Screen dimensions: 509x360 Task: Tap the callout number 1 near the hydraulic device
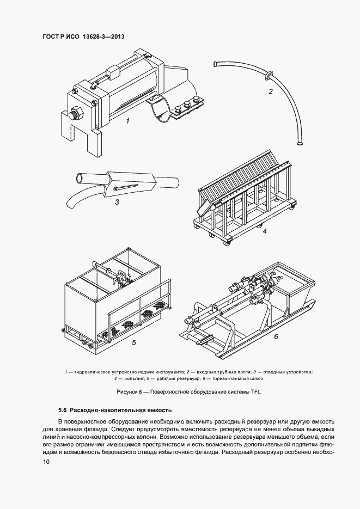tap(127, 121)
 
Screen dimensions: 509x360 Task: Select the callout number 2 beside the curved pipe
tap(270, 91)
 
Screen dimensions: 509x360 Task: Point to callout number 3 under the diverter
tap(117, 202)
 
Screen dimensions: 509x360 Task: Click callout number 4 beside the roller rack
tap(264, 231)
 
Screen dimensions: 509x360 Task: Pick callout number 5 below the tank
tap(133, 343)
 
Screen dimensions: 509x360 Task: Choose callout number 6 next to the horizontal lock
tap(276, 336)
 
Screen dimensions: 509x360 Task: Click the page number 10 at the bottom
tap(46, 462)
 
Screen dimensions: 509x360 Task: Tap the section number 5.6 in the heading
tap(63, 409)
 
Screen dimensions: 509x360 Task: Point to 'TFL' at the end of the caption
tap(249, 391)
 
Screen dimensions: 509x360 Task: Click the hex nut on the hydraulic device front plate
tap(75, 115)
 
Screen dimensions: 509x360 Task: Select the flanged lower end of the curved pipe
tap(299, 143)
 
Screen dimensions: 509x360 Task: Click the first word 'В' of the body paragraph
tap(60, 422)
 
